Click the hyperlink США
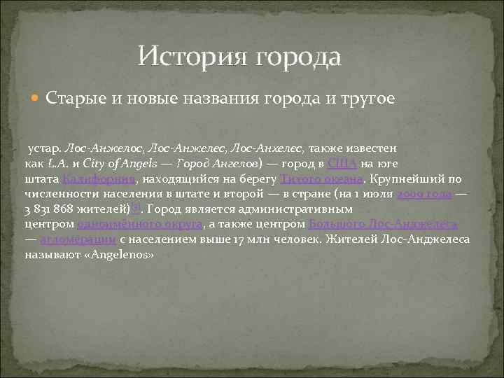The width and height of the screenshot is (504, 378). pos(342,164)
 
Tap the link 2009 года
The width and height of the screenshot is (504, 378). pos(424,194)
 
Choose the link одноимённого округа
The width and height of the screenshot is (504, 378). pos(141,224)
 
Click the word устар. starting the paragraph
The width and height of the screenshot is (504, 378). pos(44,148)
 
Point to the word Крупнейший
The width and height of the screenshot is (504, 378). pos(405,178)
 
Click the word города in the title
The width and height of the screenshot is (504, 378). pos(300,56)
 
